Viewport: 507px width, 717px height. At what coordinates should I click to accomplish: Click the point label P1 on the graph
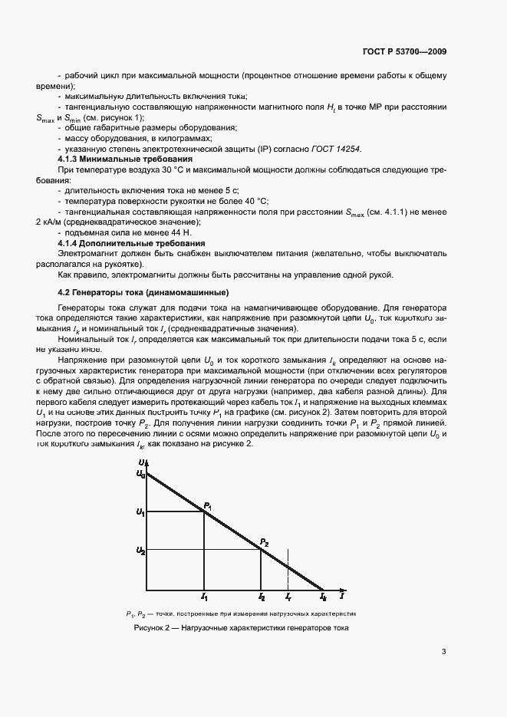coord(207,505)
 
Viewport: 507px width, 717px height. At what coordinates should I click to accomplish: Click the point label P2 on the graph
coord(265,543)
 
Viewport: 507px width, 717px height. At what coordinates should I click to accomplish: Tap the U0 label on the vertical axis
coord(140,475)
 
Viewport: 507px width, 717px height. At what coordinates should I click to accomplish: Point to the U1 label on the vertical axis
coord(140,511)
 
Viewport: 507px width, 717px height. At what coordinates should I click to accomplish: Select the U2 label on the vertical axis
coord(140,550)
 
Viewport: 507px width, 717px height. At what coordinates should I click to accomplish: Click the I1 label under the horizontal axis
coord(204,596)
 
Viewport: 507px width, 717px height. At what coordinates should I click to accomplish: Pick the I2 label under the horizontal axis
coord(262,596)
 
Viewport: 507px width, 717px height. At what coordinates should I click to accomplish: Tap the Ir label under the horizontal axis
coord(288,596)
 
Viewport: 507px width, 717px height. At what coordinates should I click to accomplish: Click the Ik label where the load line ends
coord(323,596)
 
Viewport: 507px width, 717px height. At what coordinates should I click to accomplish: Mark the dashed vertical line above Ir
coord(288,567)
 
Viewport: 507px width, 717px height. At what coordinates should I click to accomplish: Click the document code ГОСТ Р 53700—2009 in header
coord(404,51)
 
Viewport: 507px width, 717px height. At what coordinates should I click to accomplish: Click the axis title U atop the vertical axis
coord(141,462)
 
